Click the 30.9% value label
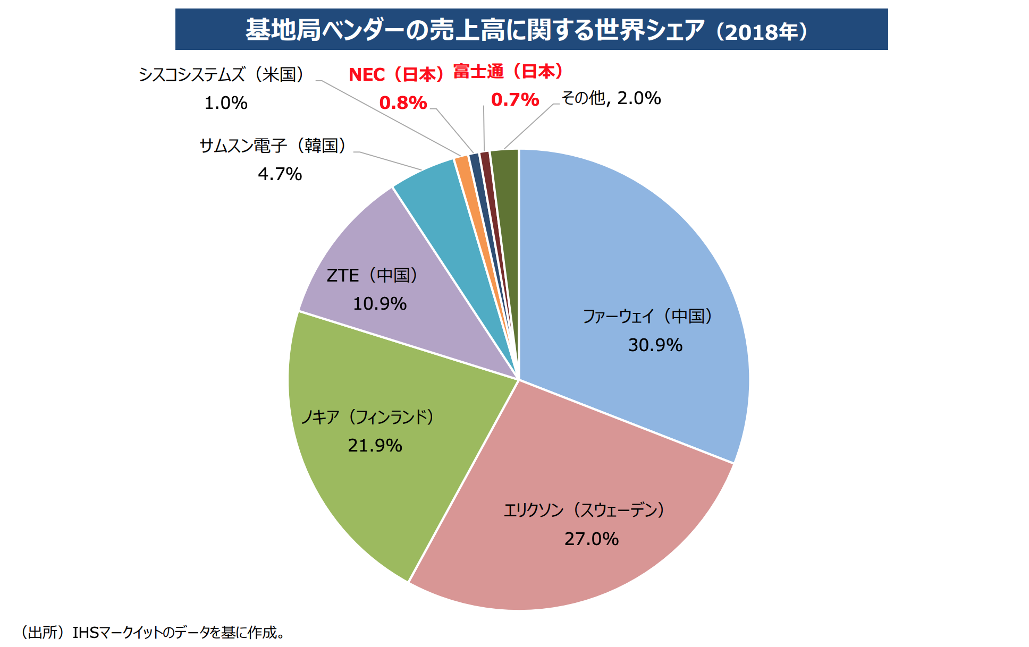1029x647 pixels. click(x=655, y=345)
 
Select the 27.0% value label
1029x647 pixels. click(x=591, y=539)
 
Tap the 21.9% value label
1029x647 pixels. click(x=375, y=445)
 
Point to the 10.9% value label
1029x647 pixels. click(x=379, y=304)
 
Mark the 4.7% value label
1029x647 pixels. click(x=280, y=174)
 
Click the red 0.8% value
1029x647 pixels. click(x=403, y=103)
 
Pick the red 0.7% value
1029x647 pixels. click(x=515, y=99)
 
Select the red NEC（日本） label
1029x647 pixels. click(x=397, y=74)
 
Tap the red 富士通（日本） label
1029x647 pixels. click(x=508, y=71)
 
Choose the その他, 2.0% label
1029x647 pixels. click(x=611, y=98)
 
